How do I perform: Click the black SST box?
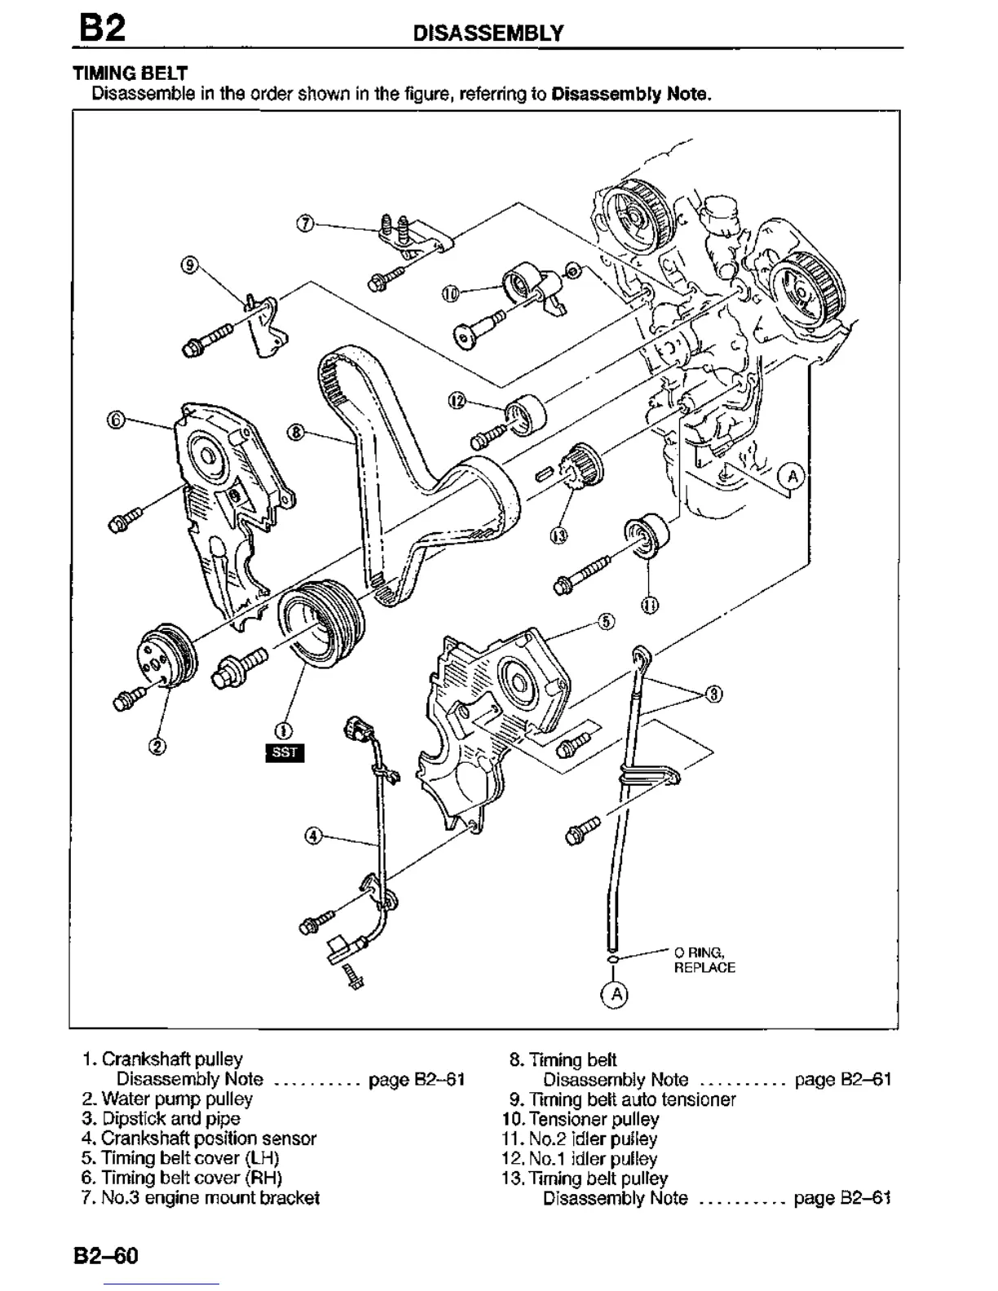point(285,752)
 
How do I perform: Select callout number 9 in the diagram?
point(188,264)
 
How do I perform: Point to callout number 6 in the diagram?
point(116,420)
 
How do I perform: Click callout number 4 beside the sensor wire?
point(314,836)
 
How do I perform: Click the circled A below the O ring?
point(616,994)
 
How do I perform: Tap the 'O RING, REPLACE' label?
point(704,960)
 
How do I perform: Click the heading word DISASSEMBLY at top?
point(488,33)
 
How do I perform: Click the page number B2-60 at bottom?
point(106,1256)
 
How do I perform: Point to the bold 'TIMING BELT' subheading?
point(130,73)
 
